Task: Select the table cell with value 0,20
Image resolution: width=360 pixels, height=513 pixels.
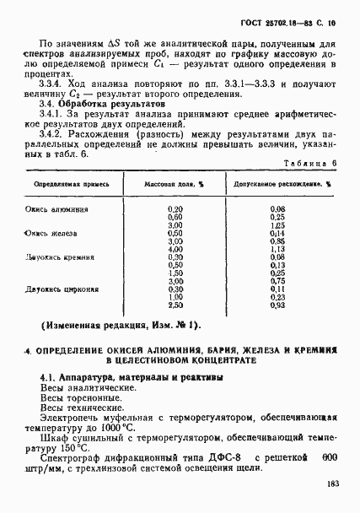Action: coord(175,208)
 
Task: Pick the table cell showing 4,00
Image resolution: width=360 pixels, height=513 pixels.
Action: coord(175,250)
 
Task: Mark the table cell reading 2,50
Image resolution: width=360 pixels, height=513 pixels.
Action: coord(175,304)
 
